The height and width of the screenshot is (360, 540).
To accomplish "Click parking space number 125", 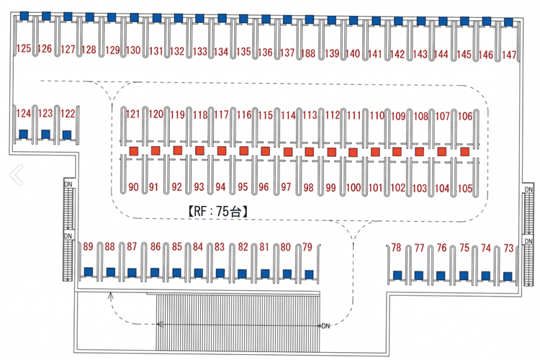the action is click(24, 48).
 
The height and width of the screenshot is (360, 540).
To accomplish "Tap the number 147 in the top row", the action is click(508, 55).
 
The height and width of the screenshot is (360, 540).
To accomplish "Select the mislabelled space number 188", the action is click(308, 53).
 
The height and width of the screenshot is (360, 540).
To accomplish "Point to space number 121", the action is click(133, 114).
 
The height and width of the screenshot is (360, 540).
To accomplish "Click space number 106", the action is click(465, 116).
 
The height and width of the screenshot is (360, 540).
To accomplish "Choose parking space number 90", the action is click(133, 187).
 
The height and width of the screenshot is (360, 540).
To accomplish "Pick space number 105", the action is click(465, 189).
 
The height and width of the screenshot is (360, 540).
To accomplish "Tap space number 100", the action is click(354, 188).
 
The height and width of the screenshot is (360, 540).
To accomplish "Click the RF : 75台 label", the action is click(217, 211).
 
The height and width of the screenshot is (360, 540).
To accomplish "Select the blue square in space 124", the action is click(24, 134).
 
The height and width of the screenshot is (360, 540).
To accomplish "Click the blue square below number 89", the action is click(89, 272).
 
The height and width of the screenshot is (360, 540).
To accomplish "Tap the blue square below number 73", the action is click(508, 276).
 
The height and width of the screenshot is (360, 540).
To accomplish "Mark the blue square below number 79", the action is click(310, 274).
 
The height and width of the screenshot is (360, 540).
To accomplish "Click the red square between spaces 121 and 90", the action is click(134, 151).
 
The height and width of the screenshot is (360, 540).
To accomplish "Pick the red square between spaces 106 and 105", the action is click(465, 152).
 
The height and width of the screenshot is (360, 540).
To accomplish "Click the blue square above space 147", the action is click(508, 22).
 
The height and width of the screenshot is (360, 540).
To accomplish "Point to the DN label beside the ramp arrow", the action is click(325, 326).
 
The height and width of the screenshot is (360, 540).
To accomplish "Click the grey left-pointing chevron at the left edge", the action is click(16, 175).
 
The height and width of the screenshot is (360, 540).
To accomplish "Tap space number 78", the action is click(396, 248).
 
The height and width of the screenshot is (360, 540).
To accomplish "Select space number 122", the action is click(68, 113).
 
